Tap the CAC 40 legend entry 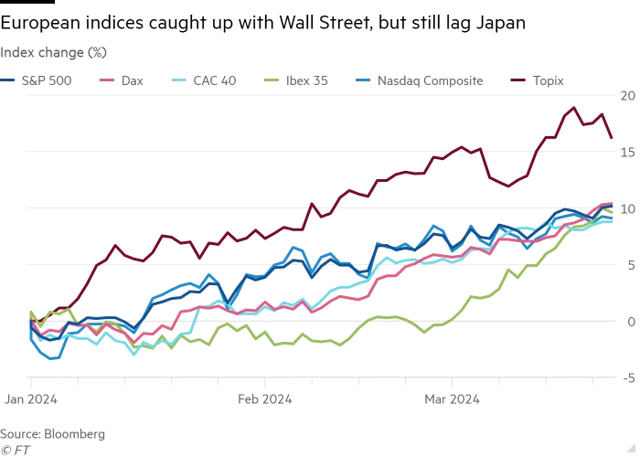pos(214,80)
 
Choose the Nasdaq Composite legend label pos(427,80)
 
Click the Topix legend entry pos(548,80)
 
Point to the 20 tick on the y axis pos(627,95)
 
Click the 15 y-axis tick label pos(627,152)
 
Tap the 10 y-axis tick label pos(627,208)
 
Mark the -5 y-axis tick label pos(628,377)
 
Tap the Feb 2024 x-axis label pos(264,399)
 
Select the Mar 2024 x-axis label pos(452,399)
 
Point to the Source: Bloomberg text pos(53,433)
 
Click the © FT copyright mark pos(15,449)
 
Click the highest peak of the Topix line pos(574,107)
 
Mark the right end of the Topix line pos(612,138)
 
